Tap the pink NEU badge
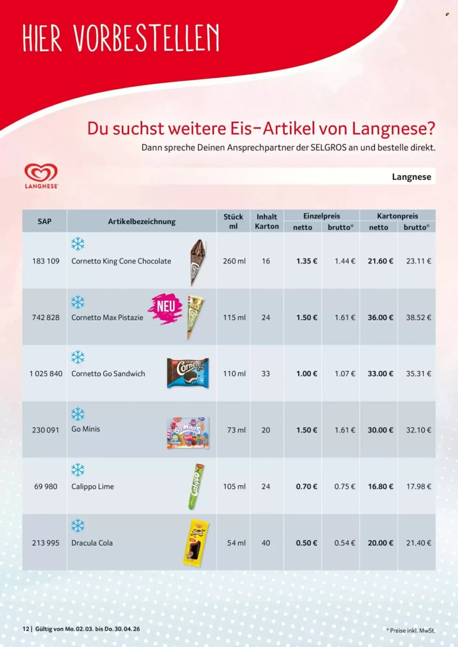[166, 308]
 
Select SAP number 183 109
[46, 261]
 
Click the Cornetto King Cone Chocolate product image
[197, 262]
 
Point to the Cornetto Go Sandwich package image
[188, 373]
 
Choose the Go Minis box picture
[188, 432]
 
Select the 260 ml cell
[234, 261]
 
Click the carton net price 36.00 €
[380, 317]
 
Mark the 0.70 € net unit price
[306, 486]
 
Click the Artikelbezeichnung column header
[142, 221]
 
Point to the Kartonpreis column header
[397, 216]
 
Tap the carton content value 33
[266, 373]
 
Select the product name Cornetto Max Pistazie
[107, 317]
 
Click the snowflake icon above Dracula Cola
[78, 526]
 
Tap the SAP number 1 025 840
[46, 373]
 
